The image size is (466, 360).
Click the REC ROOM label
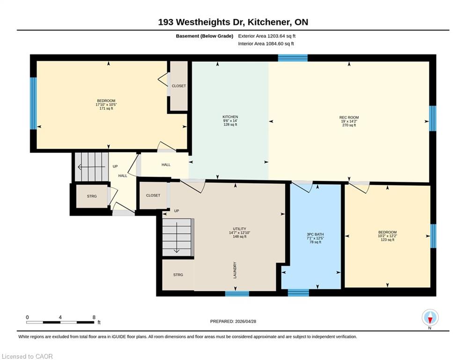(349, 117)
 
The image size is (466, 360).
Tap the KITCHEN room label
(230, 117)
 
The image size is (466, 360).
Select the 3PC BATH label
(315, 234)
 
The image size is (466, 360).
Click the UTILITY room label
(239, 229)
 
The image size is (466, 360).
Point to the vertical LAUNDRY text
(235, 270)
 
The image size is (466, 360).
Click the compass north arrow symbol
(430, 318)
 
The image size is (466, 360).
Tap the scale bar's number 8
(94, 317)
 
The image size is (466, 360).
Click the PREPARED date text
(233, 321)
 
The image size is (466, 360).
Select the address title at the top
(233, 22)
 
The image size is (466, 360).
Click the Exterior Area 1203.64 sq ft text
(266, 36)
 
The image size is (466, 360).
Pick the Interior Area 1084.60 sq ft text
(266, 44)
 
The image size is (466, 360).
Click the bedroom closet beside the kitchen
(178, 86)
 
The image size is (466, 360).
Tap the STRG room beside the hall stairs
(92, 196)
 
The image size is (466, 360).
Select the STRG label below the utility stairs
(178, 275)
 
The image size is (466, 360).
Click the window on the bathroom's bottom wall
(298, 293)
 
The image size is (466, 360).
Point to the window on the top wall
(293, 58)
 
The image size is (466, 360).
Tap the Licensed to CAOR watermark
(27, 356)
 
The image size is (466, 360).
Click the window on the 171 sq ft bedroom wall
(34, 104)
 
